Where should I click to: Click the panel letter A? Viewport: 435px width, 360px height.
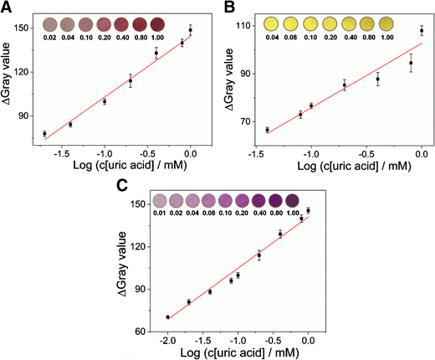7,8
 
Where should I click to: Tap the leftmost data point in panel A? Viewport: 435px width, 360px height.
44,134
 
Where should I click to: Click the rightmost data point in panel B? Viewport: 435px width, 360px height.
422,31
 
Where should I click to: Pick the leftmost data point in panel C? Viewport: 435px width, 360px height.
168,317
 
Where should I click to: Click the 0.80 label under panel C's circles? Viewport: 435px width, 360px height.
277,213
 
